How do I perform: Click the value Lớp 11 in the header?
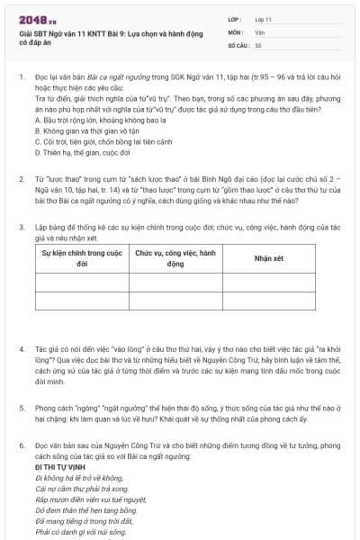click(263, 19)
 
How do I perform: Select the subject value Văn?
click(259, 31)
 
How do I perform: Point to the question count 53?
click(258, 44)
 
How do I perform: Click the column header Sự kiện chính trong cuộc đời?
click(82, 258)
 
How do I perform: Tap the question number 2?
click(21, 180)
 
